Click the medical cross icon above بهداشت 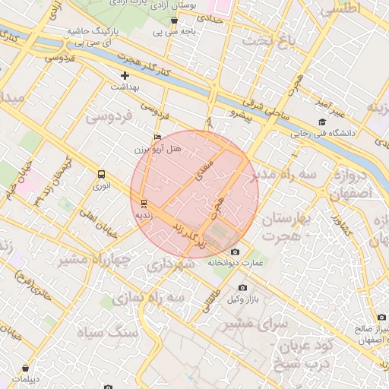pyautogui.click(x=125, y=75)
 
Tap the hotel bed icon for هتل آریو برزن pyautogui.click(x=157, y=138)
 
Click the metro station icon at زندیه pyautogui.click(x=144, y=203)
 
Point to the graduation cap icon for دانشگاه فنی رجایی pyautogui.click(x=322, y=122)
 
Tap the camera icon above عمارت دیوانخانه pyautogui.click(x=235, y=252)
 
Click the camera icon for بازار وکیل pyautogui.click(x=242, y=287)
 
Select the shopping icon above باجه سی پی pyautogui.click(x=174, y=20)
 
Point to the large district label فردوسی pyautogui.click(x=109, y=117)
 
